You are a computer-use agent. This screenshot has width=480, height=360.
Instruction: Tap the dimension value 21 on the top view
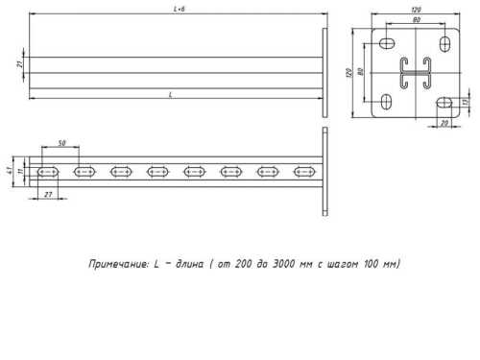coord(20,64)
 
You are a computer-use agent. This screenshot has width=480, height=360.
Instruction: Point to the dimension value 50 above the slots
coord(62,143)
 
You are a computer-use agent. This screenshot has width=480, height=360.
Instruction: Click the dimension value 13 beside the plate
coord(466,102)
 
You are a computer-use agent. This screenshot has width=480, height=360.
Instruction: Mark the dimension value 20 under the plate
coord(444,124)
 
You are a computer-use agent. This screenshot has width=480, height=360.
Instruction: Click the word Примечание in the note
coord(115,262)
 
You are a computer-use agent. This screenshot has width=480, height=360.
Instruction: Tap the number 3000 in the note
coord(293,262)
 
